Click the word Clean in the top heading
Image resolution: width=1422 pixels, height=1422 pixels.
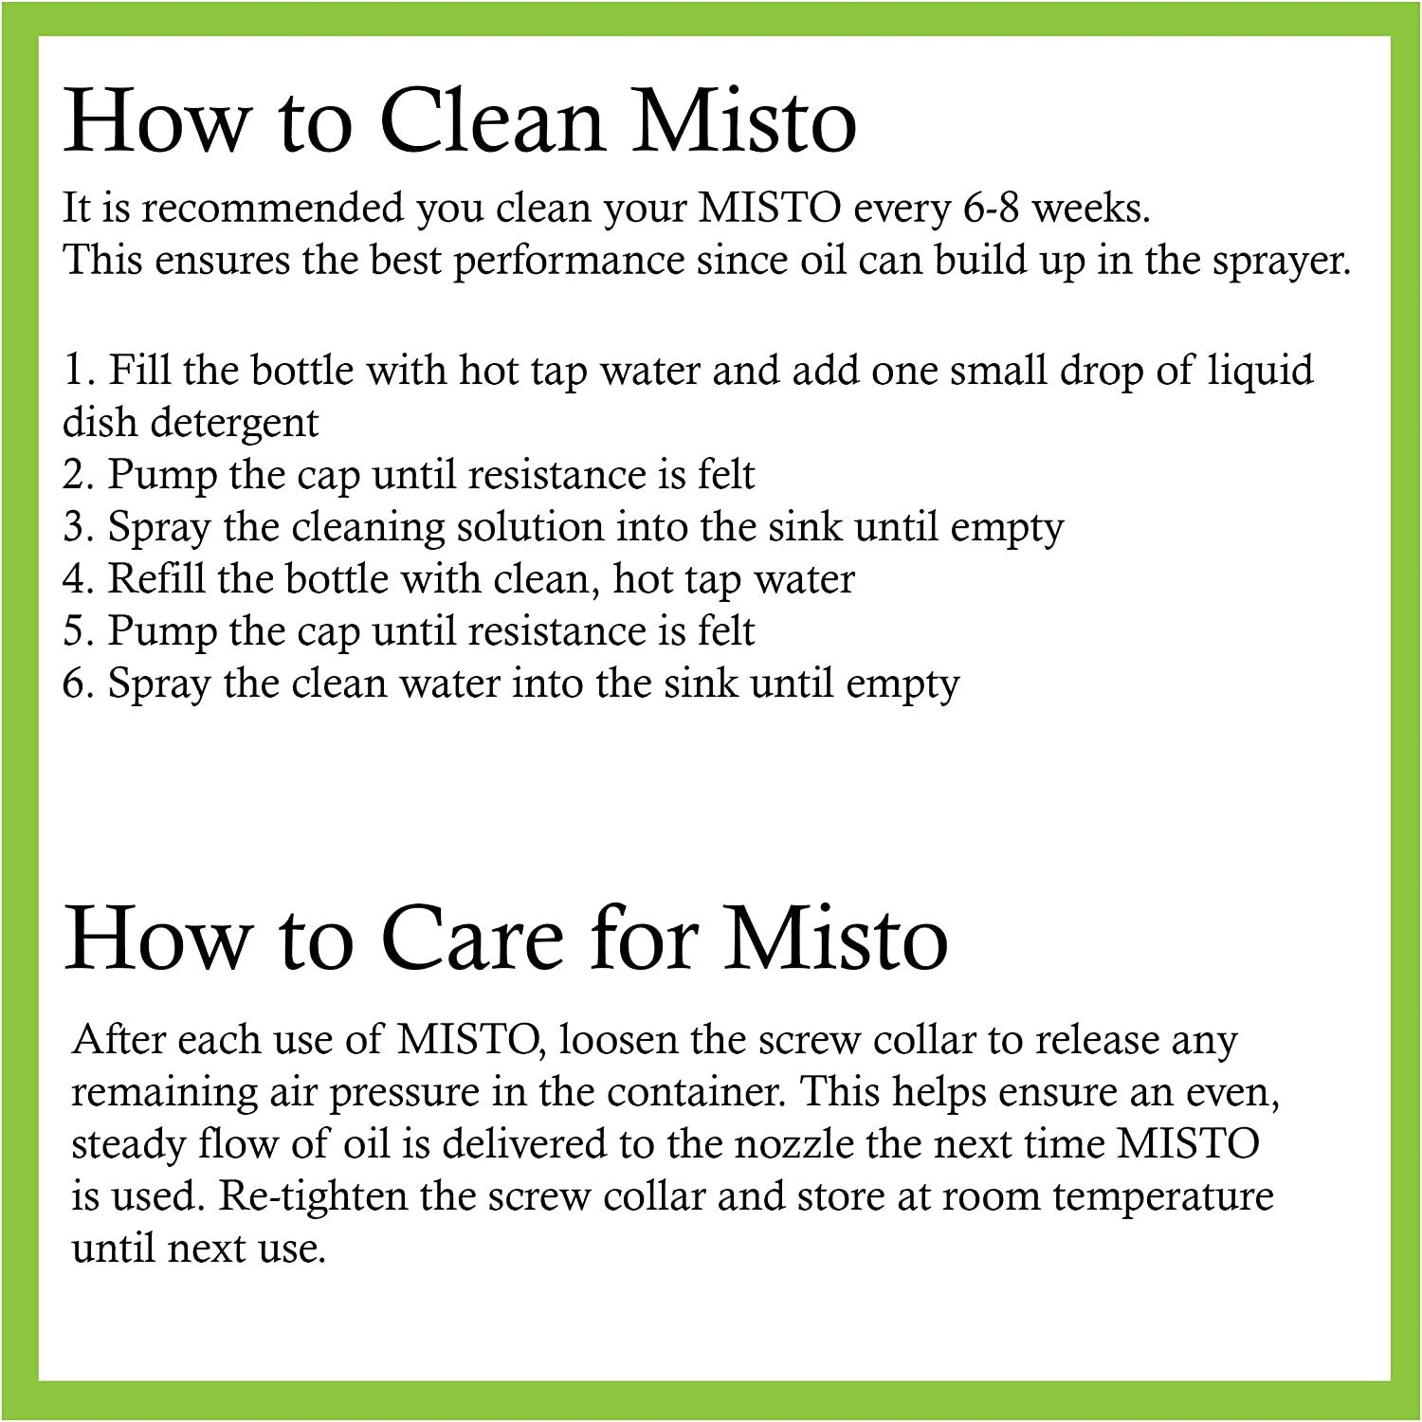[x=492, y=121]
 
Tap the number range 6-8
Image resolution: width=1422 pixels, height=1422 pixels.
[x=991, y=208]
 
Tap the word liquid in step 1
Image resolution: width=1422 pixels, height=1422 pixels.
[x=1260, y=371]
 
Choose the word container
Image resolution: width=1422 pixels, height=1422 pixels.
[x=696, y=1092]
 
